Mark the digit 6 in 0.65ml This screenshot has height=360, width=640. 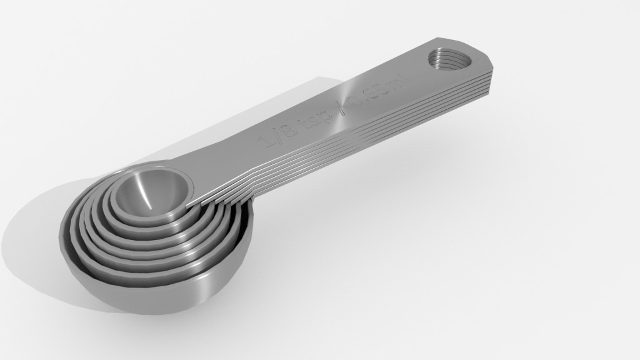pos(370,92)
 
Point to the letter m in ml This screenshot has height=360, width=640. pos(392,82)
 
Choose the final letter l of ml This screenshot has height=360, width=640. pos(402,78)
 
